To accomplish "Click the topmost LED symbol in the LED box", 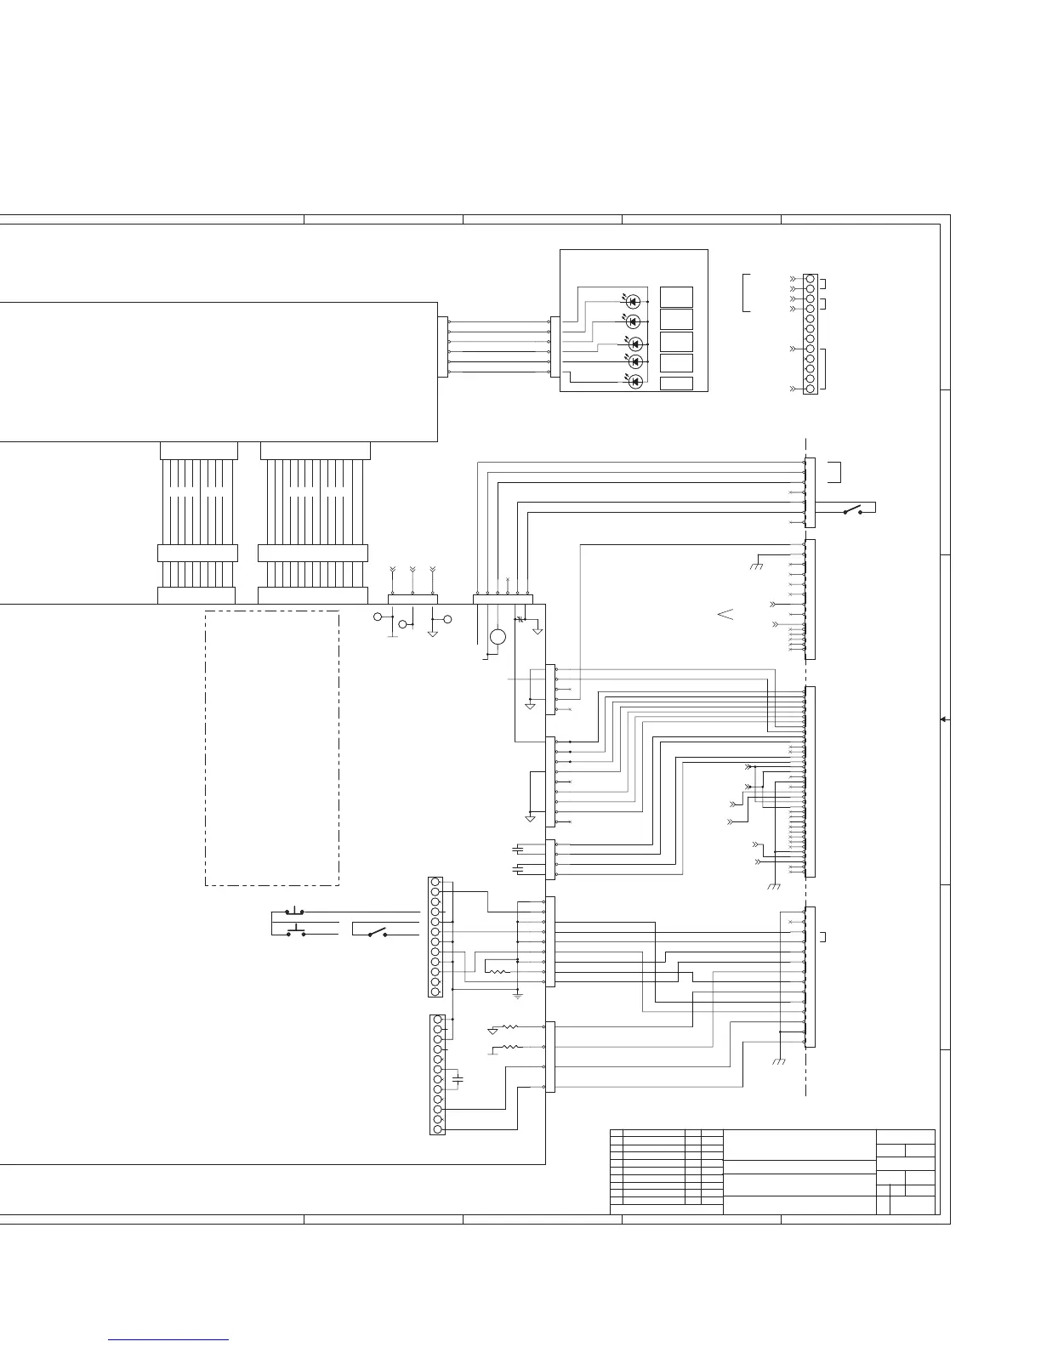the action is click(x=633, y=301).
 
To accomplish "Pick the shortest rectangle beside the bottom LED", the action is click(x=676, y=384).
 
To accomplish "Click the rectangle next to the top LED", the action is click(x=676, y=297).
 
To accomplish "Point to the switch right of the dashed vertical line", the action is click(x=851, y=510).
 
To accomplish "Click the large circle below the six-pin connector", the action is click(x=498, y=638).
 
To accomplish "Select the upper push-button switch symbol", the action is click(x=296, y=911).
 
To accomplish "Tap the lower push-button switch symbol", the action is click(x=296, y=931).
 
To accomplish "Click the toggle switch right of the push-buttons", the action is click(x=377, y=933).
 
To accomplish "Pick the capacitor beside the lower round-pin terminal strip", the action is click(x=458, y=1078).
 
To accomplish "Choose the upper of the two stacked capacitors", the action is click(x=518, y=849).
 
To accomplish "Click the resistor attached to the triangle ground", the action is click(x=506, y=1028).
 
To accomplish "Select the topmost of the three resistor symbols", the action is click(x=497, y=971).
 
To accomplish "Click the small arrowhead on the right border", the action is click(x=944, y=719).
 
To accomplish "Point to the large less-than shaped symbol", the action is click(x=725, y=614).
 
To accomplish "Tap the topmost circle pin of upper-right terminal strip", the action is click(x=810, y=279).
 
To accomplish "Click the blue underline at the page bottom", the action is click(x=169, y=1339).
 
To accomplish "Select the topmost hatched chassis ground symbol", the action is click(x=756, y=566).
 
